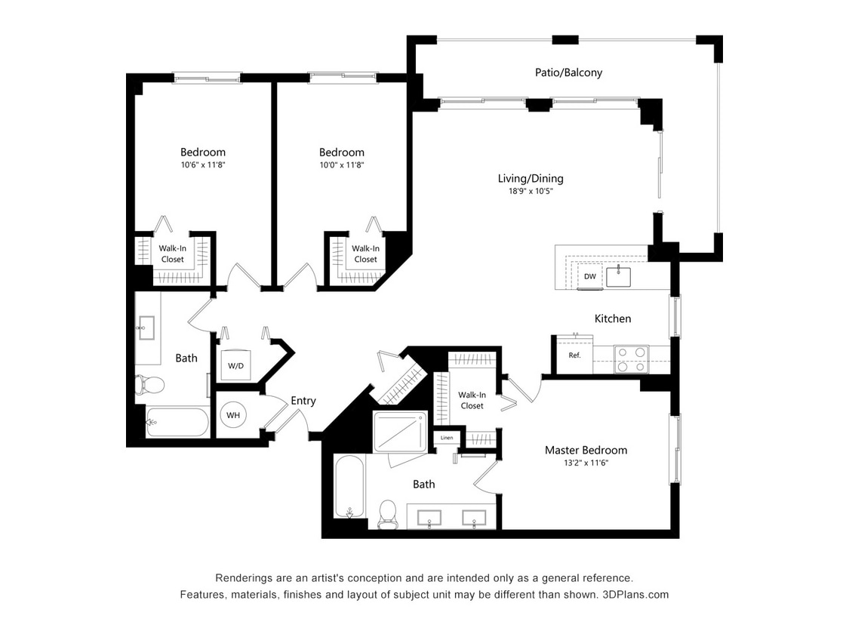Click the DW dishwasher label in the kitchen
[x=590, y=276]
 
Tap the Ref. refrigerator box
[x=574, y=355]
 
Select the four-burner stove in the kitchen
[x=631, y=359]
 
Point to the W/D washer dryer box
[x=235, y=365]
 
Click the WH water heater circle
[x=233, y=415]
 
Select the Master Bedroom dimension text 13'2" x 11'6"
[x=586, y=463]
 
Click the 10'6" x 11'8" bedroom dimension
[x=202, y=165]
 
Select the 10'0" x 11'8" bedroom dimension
[x=341, y=165]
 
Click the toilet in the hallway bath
[x=149, y=385]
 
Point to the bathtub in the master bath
[x=350, y=487]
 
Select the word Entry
[x=303, y=401]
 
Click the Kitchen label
[x=613, y=318]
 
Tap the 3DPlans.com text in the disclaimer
[x=635, y=594]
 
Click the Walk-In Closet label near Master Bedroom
[x=472, y=400]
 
